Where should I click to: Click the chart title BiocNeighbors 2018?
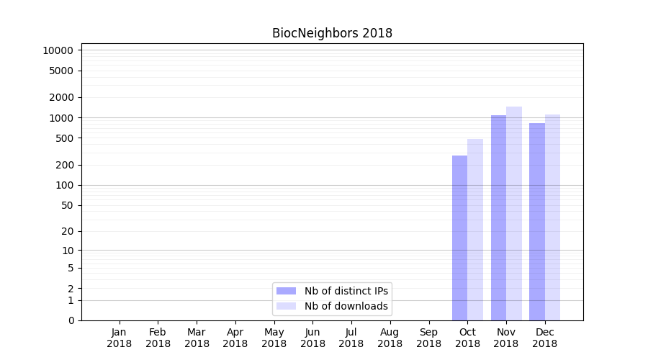click(332, 33)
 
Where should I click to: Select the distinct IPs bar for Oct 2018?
click(459, 238)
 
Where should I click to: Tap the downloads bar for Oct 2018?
click(475, 230)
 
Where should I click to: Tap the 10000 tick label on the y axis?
click(58, 50)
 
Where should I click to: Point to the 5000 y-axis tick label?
click(60, 71)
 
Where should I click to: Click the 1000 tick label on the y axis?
click(60, 118)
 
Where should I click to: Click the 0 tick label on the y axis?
click(71, 320)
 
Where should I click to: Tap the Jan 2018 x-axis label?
click(120, 338)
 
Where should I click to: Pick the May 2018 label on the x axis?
click(274, 338)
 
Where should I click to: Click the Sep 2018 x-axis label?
click(428, 338)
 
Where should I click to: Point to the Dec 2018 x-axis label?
click(544, 338)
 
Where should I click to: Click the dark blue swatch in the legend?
click(286, 291)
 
